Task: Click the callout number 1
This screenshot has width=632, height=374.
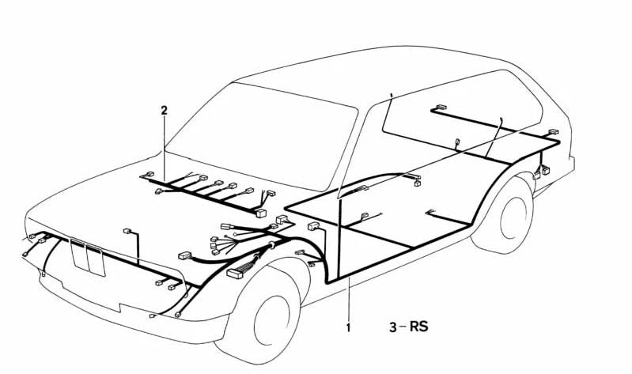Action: click(x=349, y=327)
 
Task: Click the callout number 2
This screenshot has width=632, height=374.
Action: click(x=164, y=110)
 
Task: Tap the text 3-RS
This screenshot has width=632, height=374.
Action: click(x=408, y=327)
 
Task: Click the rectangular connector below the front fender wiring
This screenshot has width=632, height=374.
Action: click(x=235, y=274)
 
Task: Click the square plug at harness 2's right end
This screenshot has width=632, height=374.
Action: click(x=261, y=213)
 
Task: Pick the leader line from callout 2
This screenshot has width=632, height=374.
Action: click(x=165, y=148)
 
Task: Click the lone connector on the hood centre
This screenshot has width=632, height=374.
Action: click(x=127, y=231)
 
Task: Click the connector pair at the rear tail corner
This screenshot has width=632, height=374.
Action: click(x=541, y=172)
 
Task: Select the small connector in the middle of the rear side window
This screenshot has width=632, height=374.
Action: click(x=457, y=142)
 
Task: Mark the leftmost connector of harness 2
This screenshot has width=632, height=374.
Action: click(x=148, y=175)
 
